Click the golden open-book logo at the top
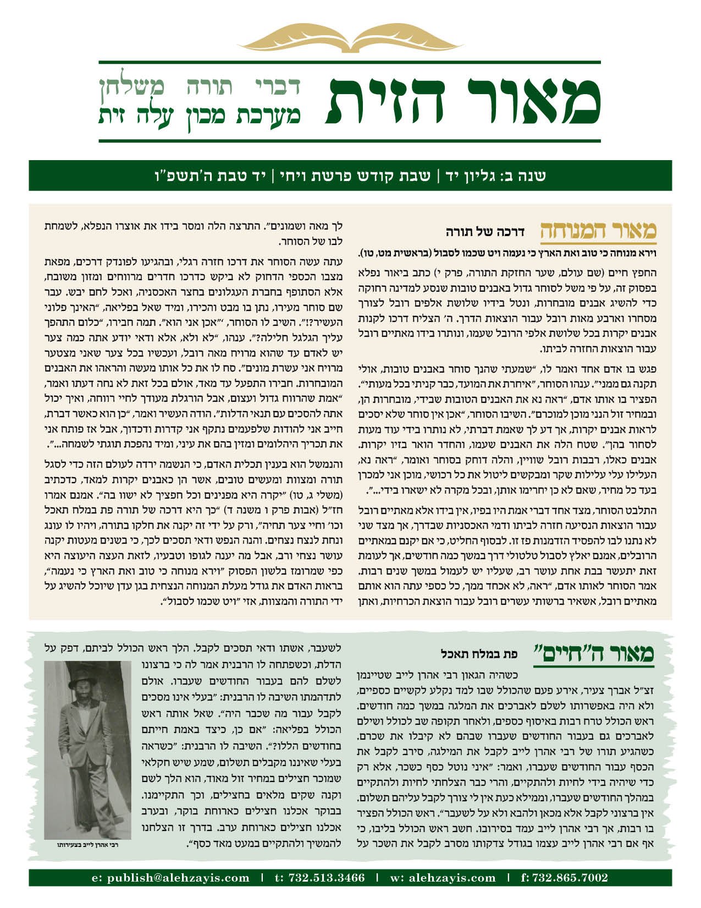[350, 40]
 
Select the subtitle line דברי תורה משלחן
[200, 86]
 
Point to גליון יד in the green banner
[467, 176]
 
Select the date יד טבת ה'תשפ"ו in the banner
[212, 176]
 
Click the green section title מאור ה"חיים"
[594, 653]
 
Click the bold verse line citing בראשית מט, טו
[506, 254]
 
